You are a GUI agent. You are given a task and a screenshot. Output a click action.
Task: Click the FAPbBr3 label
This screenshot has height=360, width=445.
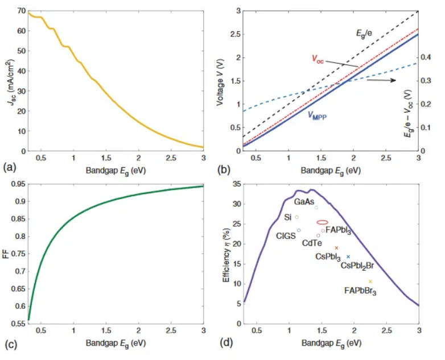click(360, 291)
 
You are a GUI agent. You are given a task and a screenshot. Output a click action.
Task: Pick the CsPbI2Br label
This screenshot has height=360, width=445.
click(357, 265)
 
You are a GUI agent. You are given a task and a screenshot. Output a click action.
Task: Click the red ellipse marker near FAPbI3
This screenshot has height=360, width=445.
click(322, 222)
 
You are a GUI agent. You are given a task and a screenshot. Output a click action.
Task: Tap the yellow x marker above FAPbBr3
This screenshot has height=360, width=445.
click(370, 282)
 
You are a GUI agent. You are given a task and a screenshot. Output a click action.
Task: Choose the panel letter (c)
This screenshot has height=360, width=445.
click(9, 342)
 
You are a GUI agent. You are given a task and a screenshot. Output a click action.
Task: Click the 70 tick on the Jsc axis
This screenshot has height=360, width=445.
click(21, 11)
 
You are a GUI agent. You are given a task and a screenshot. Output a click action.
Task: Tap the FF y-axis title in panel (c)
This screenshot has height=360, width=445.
click(6, 254)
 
